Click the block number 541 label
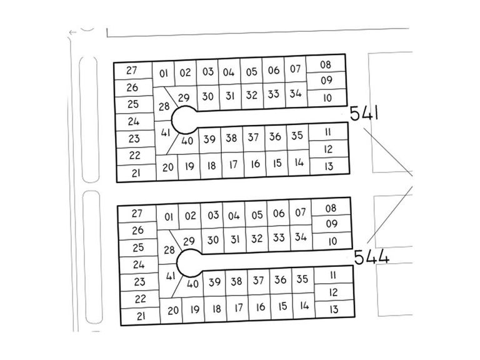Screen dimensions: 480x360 coord(364,113)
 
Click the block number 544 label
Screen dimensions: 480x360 coord(372,257)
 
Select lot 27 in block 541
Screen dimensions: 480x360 coord(133,71)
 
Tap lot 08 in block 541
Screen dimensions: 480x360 coord(326,64)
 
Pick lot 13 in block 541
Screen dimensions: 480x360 coord(329,166)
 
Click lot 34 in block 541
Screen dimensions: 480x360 coord(296,93)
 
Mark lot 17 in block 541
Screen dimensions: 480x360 coord(233,165)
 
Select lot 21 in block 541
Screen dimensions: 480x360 coord(136,173)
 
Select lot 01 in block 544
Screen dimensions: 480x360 coord(168,217)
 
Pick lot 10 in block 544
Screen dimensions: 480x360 coord(332,241)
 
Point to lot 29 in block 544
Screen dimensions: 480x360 coord(189,241)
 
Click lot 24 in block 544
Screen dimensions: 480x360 coord(139,264)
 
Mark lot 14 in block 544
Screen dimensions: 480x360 coord(304,306)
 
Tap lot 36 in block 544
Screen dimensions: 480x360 coord(281,279)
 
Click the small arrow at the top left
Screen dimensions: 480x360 coord(72,32)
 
